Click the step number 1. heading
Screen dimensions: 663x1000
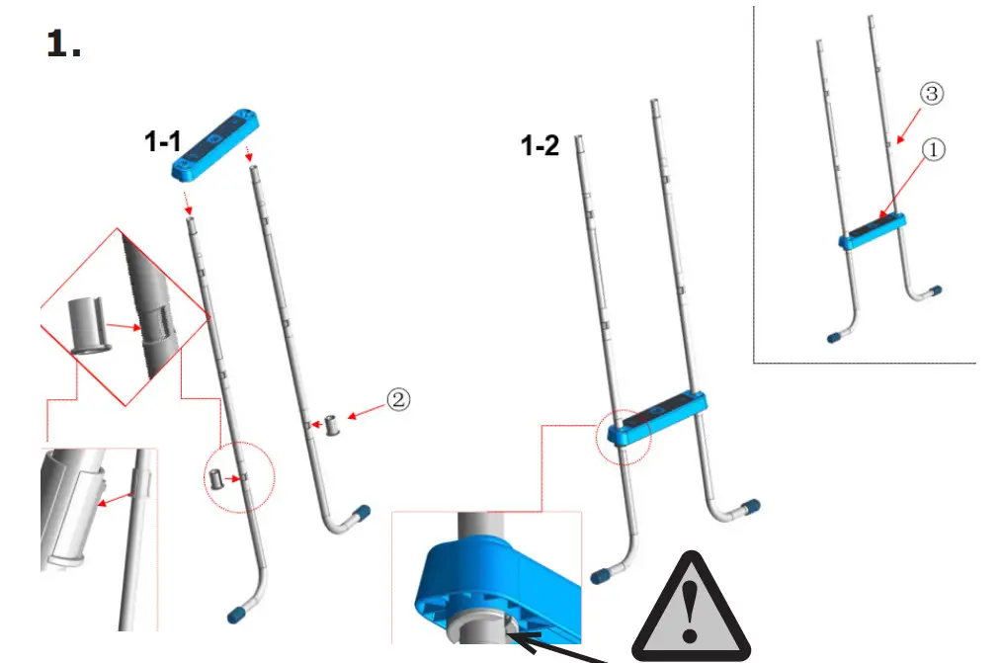click(64, 44)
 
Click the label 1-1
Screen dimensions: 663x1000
click(164, 142)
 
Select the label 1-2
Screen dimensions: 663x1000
click(541, 147)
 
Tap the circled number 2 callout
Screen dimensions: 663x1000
click(397, 399)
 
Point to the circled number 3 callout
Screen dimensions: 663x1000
click(932, 94)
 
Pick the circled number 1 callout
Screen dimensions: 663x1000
click(934, 149)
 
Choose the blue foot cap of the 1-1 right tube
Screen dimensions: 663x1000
click(362, 513)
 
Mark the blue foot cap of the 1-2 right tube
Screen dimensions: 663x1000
click(751, 507)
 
